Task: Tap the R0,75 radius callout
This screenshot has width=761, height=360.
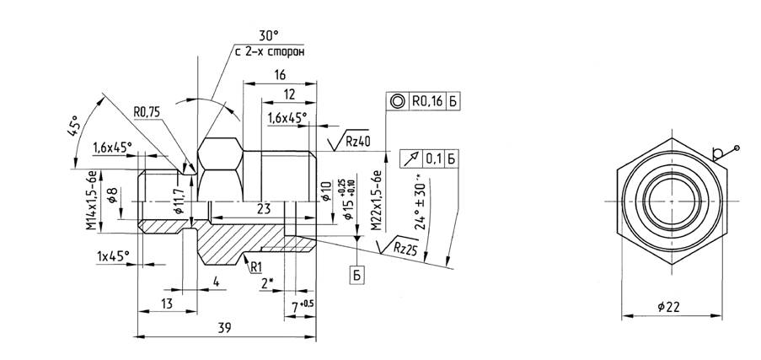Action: pyautogui.click(x=148, y=110)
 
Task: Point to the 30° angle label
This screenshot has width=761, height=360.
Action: pyautogui.click(x=268, y=36)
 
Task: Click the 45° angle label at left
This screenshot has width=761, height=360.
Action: pyautogui.click(x=76, y=127)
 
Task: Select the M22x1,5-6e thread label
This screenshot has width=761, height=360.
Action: pyautogui.click(x=377, y=200)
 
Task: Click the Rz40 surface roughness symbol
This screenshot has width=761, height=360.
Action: pyautogui.click(x=346, y=141)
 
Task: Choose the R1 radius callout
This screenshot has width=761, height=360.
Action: pyautogui.click(x=256, y=266)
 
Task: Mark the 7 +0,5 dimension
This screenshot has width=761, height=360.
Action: pyautogui.click(x=302, y=303)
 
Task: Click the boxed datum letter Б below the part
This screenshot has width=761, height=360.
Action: pyautogui.click(x=357, y=275)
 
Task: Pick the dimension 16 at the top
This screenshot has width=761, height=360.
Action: pyautogui.click(x=279, y=75)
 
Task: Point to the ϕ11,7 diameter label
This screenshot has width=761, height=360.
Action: pyautogui.click(x=179, y=202)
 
